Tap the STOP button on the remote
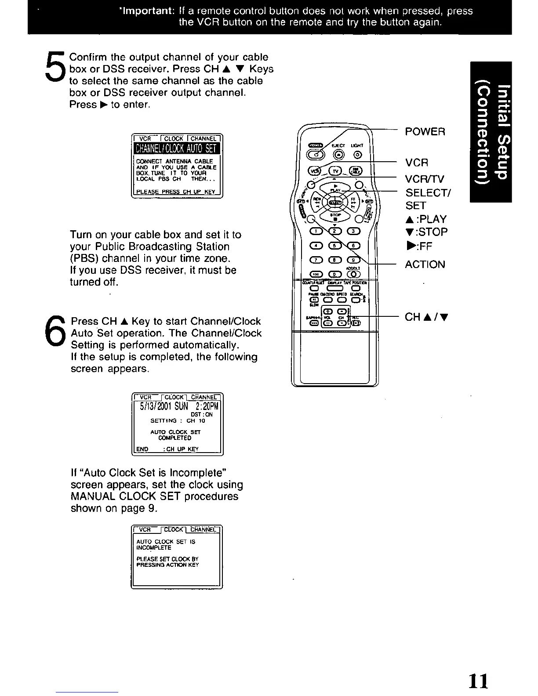[335, 216]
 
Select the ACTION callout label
[425, 265]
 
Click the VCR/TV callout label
[425, 179]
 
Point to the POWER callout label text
[425, 132]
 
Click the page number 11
[478, 681]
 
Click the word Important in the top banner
[148, 11]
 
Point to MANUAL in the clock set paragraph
[92, 497]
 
